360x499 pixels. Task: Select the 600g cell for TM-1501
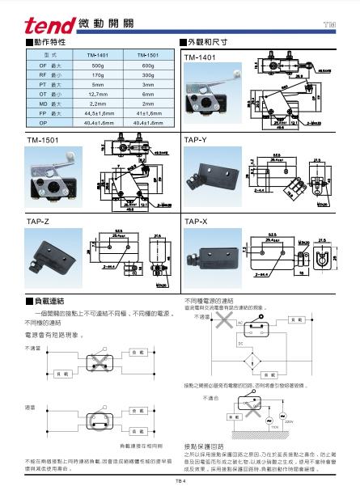pyautogui.click(x=146, y=64)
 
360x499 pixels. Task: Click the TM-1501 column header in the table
pyautogui.click(x=146, y=54)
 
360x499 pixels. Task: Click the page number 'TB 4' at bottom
pyautogui.click(x=180, y=481)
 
